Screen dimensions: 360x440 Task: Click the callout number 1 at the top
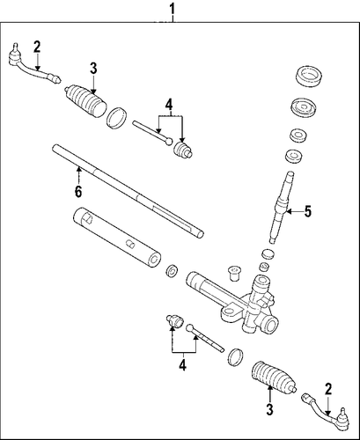(x=173, y=9)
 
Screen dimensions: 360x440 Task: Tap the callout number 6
(x=78, y=192)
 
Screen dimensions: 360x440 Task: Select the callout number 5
(x=307, y=211)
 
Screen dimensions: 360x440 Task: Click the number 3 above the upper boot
(x=93, y=69)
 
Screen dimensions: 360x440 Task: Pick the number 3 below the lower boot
(x=269, y=409)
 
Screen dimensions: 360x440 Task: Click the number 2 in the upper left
(x=37, y=47)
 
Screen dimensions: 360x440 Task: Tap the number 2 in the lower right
(x=328, y=389)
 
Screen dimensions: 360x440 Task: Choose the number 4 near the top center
(x=169, y=105)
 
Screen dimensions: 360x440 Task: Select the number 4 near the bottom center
(x=182, y=365)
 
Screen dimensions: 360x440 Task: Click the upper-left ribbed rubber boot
(x=85, y=101)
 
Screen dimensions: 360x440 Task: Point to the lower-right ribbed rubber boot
(x=274, y=376)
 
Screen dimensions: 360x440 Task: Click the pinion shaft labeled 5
(x=282, y=208)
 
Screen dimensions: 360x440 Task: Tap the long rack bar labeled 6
(x=128, y=191)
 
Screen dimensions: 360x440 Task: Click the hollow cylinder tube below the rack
(x=116, y=238)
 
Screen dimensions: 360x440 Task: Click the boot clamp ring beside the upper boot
(x=116, y=118)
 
